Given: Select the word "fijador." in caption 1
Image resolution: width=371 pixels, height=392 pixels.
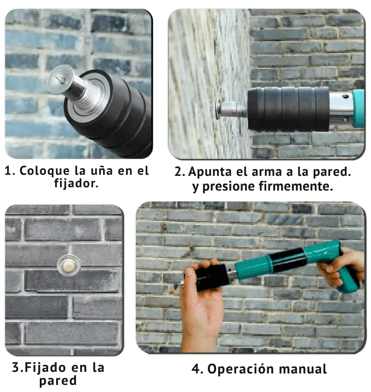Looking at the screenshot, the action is coord(76,183).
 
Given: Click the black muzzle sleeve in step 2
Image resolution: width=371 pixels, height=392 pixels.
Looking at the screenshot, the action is coord(288,109).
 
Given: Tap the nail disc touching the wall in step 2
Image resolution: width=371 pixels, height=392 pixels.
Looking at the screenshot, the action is coord(218,109).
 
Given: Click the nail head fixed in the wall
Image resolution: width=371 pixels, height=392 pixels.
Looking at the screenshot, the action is coord(69,266).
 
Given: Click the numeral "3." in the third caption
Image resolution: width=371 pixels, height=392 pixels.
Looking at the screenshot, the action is coord(18,367).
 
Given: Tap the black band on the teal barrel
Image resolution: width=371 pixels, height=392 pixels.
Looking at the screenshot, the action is coord(288,260).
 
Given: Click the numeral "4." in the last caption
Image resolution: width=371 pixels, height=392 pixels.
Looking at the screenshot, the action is coord(198,369).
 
